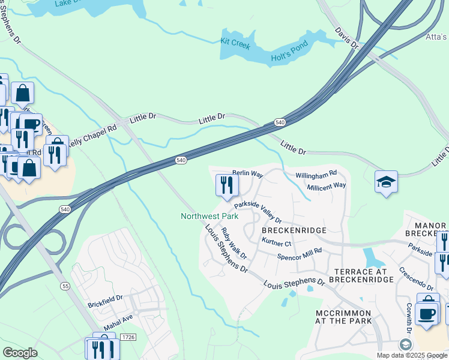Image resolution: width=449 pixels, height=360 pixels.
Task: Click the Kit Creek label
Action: [234, 43]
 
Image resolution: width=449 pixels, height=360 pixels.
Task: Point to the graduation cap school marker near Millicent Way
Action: [386, 182]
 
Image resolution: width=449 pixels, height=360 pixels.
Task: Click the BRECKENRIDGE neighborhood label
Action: [294, 230]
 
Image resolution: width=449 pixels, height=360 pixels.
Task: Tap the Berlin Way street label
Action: [248, 174]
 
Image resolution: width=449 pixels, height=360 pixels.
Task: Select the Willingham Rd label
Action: [316, 175]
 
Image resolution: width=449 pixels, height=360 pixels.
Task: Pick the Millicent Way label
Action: [327, 186]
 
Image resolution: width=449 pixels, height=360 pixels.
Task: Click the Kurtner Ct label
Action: [277, 243]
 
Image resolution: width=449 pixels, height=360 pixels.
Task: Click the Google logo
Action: [20, 353]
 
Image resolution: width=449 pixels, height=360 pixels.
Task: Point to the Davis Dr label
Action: [347, 38]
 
